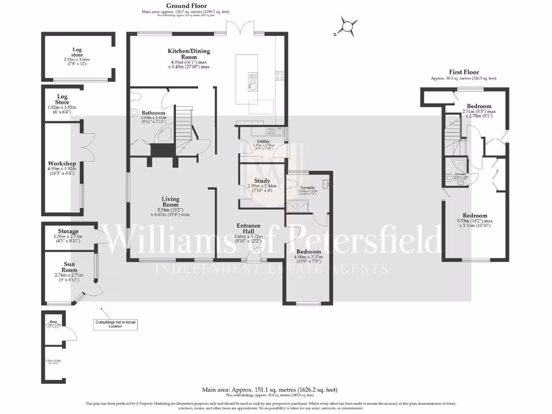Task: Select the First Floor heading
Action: [x=464, y=72]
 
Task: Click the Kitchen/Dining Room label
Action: [x=189, y=54]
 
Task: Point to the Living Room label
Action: [x=170, y=202]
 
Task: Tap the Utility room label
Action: [x=264, y=141]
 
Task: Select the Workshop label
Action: [x=62, y=163]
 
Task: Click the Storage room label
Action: [x=68, y=231]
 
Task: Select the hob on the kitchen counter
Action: [x=280, y=76]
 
